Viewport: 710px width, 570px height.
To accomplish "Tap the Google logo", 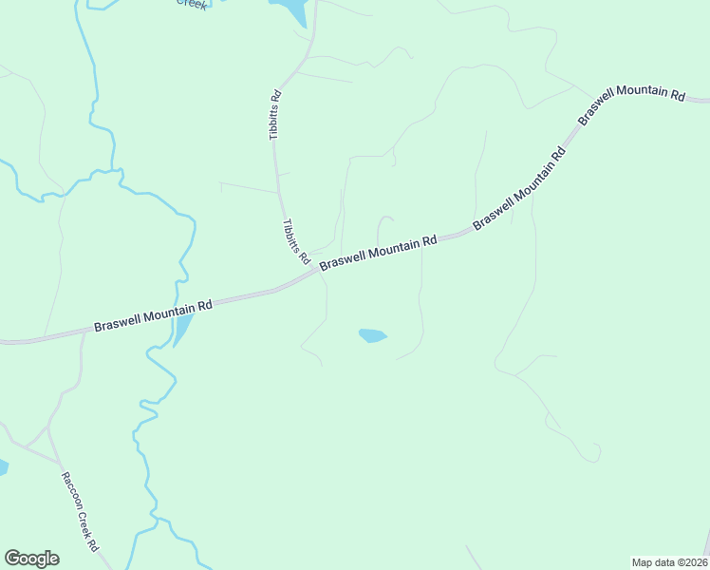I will (x=31, y=559).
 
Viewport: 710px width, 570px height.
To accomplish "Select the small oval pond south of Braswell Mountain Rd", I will (x=372, y=335).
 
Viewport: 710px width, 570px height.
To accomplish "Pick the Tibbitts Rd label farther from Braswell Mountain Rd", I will (x=275, y=115).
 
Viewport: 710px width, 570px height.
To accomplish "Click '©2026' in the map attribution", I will (x=692, y=562).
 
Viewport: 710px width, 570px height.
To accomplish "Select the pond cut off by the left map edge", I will (x=3, y=467).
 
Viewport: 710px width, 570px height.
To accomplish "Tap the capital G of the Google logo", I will (x=12, y=559).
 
